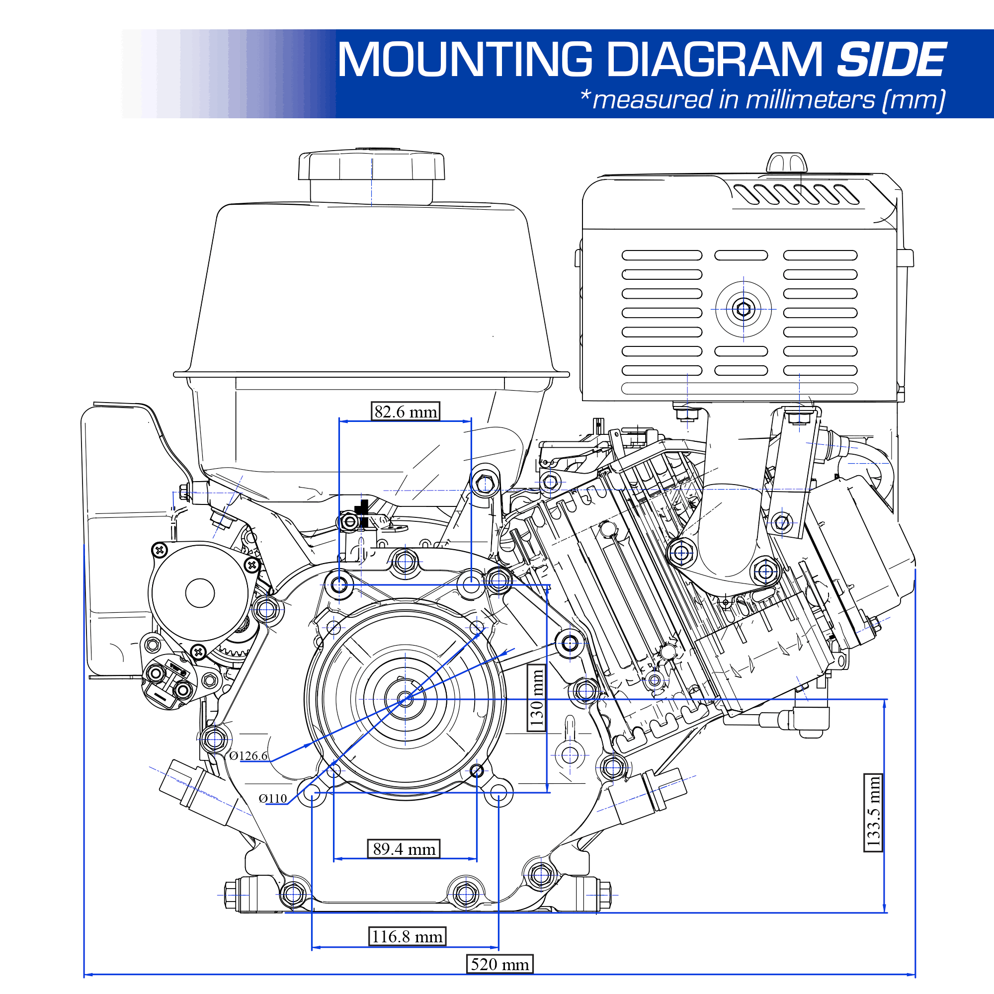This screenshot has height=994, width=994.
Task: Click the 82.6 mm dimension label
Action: (406, 412)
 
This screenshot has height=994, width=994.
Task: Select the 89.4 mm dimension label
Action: (404, 849)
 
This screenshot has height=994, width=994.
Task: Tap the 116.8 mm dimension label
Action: (407, 936)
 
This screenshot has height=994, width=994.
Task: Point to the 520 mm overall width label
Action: (499, 964)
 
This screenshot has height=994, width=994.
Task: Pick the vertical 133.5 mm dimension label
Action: (874, 813)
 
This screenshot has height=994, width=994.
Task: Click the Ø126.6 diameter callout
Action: (248, 756)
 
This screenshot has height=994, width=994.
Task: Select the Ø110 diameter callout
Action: (273, 799)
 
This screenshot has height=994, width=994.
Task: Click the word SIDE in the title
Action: (891, 60)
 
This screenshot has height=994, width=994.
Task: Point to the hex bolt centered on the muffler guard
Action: (744, 309)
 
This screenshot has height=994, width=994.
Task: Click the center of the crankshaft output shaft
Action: (406, 699)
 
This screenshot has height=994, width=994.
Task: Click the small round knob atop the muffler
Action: (786, 163)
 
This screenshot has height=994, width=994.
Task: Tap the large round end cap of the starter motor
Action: (200, 593)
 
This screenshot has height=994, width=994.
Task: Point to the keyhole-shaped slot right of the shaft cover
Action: (570, 746)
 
